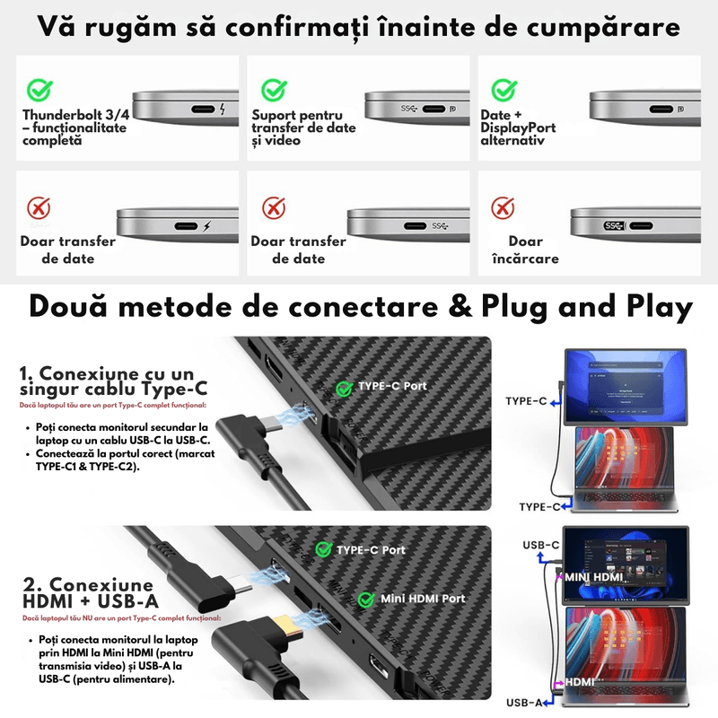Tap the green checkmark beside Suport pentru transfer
[274, 90]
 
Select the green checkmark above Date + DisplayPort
[504, 90]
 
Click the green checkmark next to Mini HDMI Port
[366, 599]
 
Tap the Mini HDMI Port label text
[423, 599]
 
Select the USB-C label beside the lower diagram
[540, 545]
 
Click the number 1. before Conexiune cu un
[26, 372]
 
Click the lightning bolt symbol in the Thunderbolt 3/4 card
[223, 110]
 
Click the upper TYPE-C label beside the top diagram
[526, 401]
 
